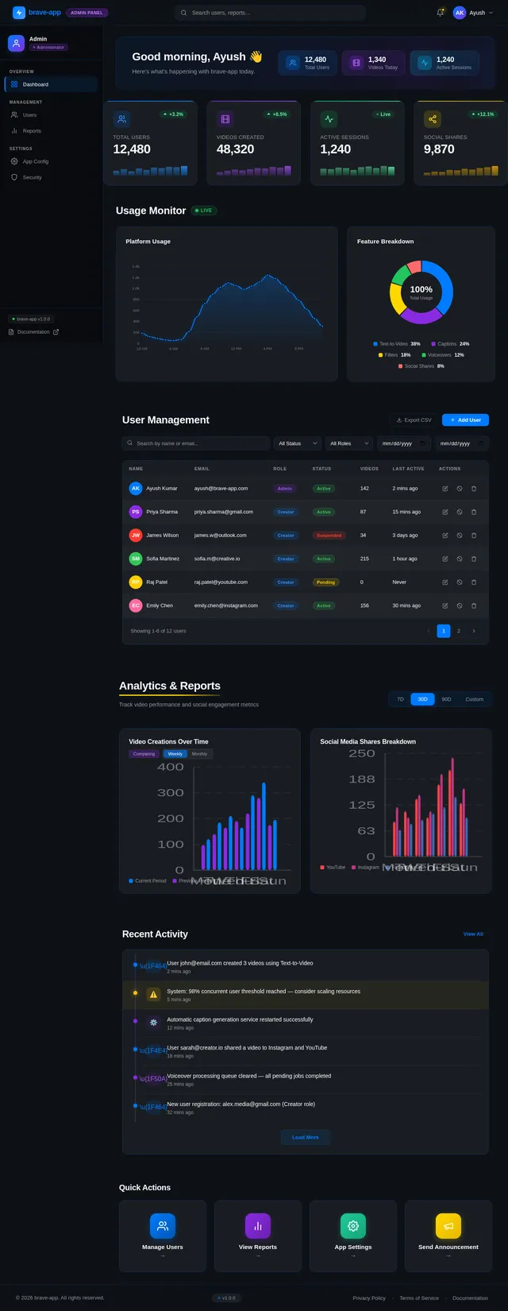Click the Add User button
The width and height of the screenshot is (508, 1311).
click(x=465, y=420)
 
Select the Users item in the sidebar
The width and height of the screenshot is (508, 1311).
click(x=29, y=115)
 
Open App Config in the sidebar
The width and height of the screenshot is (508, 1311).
click(x=35, y=161)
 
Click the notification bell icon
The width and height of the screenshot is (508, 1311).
click(x=441, y=13)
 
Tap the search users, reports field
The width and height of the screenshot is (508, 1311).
click(x=270, y=13)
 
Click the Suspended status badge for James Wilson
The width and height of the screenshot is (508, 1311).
click(x=329, y=536)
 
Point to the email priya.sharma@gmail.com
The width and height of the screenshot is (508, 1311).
click(x=223, y=512)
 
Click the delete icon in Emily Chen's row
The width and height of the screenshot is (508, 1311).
click(x=474, y=605)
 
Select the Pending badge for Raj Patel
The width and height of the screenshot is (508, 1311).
click(x=325, y=582)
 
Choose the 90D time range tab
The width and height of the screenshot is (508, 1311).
click(x=446, y=699)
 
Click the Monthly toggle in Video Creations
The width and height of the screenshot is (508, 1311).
click(x=199, y=754)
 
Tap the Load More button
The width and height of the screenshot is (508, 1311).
click(x=305, y=1137)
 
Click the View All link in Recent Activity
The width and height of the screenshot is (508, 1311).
click(x=473, y=934)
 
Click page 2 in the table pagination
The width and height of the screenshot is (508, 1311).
click(x=459, y=631)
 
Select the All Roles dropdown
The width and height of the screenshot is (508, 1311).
click(x=348, y=443)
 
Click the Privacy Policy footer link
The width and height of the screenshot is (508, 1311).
click(x=369, y=1298)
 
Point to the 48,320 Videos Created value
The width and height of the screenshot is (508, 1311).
click(x=235, y=149)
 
